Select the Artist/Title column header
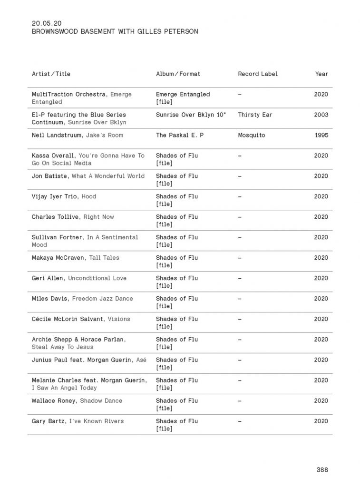point(51,74)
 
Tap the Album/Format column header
point(178,74)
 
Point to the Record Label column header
point(258,74)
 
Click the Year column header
point(321,74)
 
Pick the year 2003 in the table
point(321,115)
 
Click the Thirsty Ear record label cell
point(255,115)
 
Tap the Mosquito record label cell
point(252,135)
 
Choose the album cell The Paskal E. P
point(180,135)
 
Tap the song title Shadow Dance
point(101,401)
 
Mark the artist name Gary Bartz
point(49,421)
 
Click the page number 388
point(322,470)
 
